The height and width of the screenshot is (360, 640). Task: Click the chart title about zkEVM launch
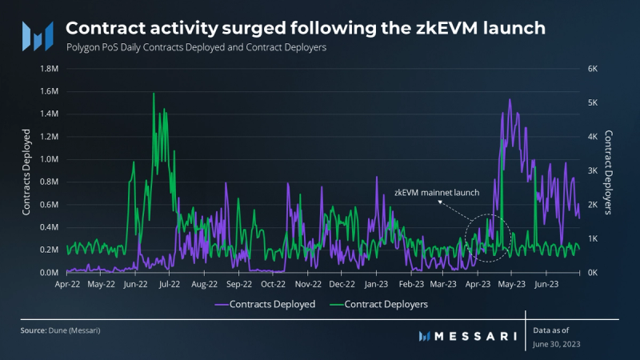[x=307, y=28]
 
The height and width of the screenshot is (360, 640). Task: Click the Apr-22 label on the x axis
[x=67, y=283]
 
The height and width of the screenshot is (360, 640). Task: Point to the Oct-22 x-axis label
[x=274, y=283]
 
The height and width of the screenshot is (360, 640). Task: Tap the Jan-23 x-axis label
[x=377, y=283]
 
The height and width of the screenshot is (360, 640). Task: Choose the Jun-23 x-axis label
[x=546, y=283]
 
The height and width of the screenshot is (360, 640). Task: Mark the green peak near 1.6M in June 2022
[x=153, y=94]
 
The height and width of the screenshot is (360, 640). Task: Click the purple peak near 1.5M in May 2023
[x=510, y=100]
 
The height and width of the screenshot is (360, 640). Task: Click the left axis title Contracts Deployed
[x=26, y=171]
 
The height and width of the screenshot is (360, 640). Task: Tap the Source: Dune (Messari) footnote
[x=55, y=330]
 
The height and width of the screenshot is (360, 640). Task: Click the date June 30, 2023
[x=557, y=344]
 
